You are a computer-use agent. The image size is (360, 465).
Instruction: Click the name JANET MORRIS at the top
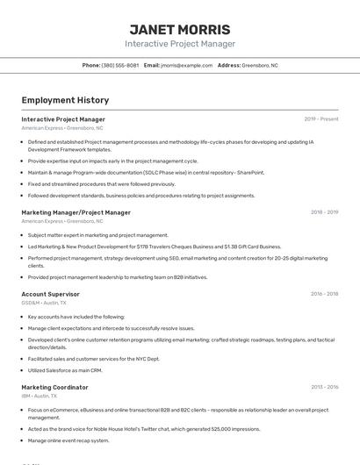(180, 29)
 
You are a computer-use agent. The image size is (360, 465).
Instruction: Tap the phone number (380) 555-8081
(119, 65)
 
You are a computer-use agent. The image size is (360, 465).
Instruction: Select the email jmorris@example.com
(187, 65)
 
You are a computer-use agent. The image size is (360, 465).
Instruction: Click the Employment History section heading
(65, 100)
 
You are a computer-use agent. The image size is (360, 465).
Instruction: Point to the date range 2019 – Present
(321, 119)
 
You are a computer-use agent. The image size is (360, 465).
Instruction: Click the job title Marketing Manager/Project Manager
(76, 212)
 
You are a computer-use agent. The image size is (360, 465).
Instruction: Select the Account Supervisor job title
(50, 294)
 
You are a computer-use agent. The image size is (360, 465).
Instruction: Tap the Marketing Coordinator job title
(54, 387)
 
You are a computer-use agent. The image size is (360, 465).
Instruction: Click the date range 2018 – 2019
(324, 212)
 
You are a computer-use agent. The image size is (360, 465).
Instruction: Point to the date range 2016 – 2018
(324, 294)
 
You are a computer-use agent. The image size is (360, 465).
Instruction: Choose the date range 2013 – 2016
(324, 387)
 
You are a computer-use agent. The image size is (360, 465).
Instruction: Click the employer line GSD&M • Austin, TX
(44, 303)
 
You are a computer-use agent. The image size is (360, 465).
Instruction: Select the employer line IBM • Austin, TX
(40, 396)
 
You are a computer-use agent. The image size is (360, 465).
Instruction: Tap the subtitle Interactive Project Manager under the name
(180, 44)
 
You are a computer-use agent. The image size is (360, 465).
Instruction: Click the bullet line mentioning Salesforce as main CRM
(65, 370)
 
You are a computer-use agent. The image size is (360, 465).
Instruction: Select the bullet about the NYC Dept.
(93, 359)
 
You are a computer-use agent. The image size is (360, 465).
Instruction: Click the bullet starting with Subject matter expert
(97, 235)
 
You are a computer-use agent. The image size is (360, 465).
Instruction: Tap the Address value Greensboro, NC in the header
(260, 65)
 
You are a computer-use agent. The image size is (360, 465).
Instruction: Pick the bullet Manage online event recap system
(68, 440)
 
